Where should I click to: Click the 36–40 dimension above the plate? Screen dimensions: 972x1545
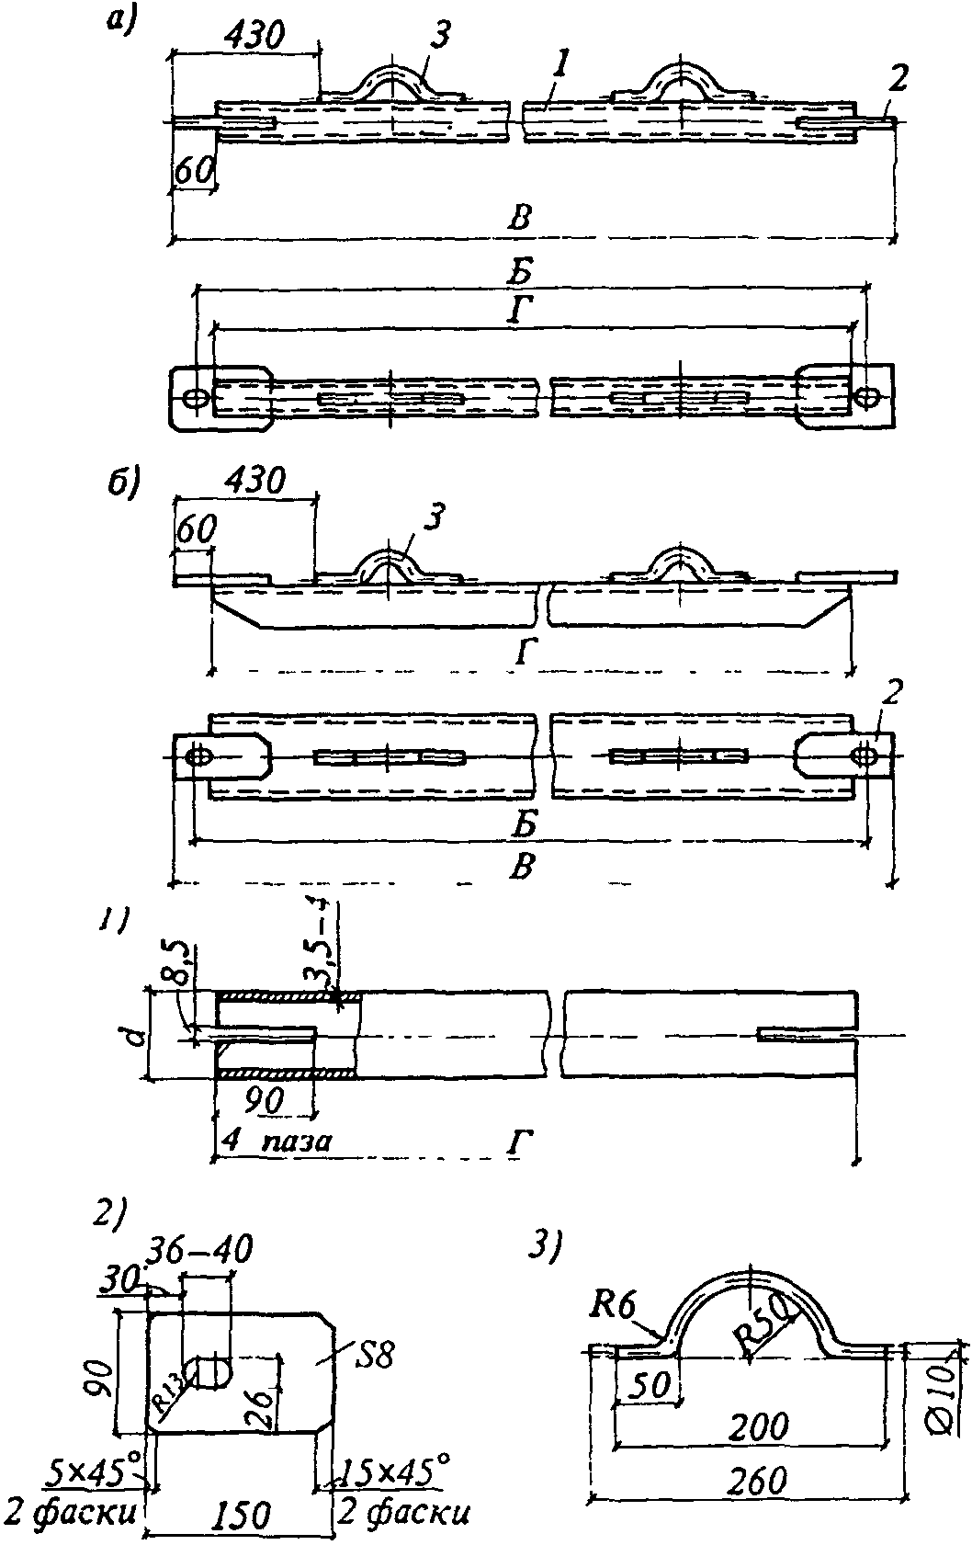tap(208, 1249)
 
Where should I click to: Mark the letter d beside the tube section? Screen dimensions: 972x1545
tap(134, 1036)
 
